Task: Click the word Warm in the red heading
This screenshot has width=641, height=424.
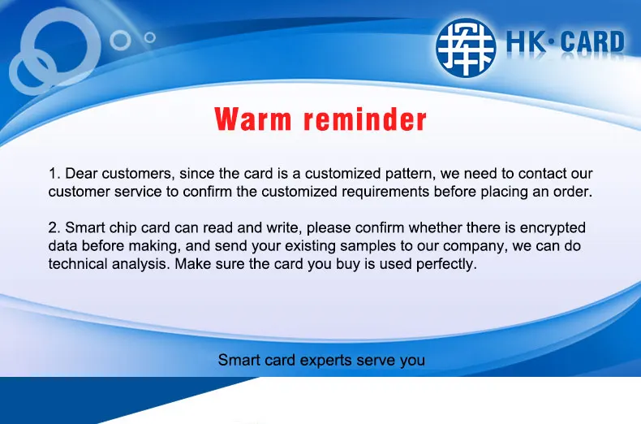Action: click(253, 119)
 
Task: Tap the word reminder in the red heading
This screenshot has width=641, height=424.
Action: click(365, 119)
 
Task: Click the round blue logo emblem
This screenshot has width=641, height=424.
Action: click(466, 46)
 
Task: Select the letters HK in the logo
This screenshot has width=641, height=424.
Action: click(526, 42)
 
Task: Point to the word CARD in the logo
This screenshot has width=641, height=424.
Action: click(593, 42)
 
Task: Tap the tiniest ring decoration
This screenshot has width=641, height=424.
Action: click(150, 37)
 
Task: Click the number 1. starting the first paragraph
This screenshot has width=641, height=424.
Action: click(55, 173)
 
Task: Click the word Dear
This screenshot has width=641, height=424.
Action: click(81, 173)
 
